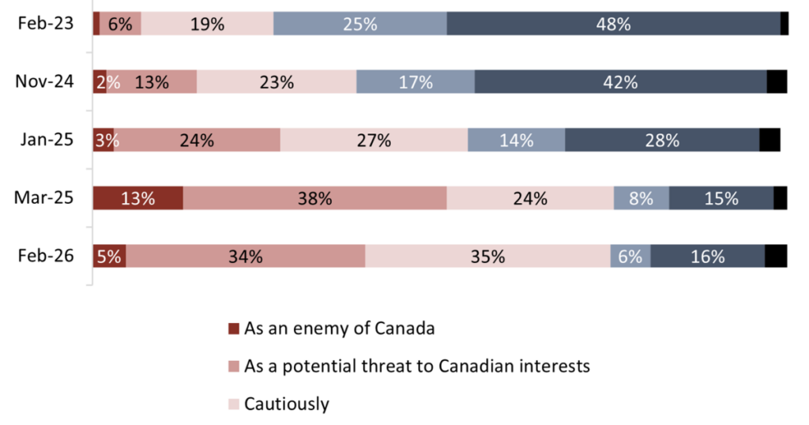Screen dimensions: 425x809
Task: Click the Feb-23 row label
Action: click(x=46, y=24)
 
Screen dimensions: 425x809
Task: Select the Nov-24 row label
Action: click(x=46, y=81)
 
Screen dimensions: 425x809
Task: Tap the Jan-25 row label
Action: click(x=46, y=140)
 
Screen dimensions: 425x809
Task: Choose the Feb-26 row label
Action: click(x=46, y=256)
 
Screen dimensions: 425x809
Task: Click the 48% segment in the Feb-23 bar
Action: click(x=613, y=24)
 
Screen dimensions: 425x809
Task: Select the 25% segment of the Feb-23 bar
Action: click(x=359, y=24)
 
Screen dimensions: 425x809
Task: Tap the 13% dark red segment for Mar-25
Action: click(x=138, y=198)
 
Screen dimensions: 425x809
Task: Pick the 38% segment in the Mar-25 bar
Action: click(x=314, y=198)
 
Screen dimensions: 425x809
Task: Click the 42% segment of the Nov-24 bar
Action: click(x=620, y=81)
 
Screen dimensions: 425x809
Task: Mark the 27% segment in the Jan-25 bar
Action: click(x=374, y=140)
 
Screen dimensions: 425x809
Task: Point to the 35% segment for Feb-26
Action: click(x=487, y=256)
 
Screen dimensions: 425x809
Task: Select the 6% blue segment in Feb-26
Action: click(x=630, y=256)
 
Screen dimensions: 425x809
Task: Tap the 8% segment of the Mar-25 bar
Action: click(x=641, y=198)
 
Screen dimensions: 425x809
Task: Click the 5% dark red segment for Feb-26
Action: click(x=109, y=256)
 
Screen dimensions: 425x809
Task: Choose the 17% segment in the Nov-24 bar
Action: click(x=415, y=81)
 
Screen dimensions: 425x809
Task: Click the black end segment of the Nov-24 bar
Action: click(x=777, y=81)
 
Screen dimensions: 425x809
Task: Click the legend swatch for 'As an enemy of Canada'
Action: click(x=233, y=329)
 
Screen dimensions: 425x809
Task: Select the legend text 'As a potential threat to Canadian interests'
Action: click(x=417, y=367)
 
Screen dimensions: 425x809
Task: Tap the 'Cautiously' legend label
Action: click(x=286, y=404)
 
